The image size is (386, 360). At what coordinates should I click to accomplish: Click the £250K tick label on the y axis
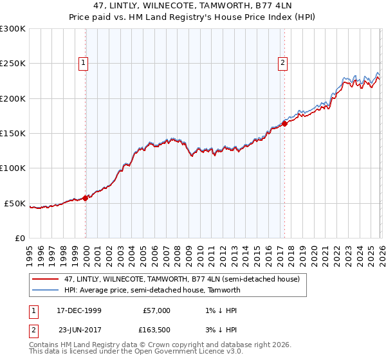coord(13,64)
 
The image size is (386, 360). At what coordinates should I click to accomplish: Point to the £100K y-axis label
coord(13,168)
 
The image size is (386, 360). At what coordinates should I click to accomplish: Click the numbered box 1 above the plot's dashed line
coord(84,63)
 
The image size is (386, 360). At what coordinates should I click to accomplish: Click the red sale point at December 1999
coord(86,198)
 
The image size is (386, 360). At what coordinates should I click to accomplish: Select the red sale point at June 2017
coord(284,124)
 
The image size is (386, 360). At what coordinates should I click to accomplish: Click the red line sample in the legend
coord(45,280)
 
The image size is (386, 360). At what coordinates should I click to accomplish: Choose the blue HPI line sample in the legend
coord(45,291)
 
